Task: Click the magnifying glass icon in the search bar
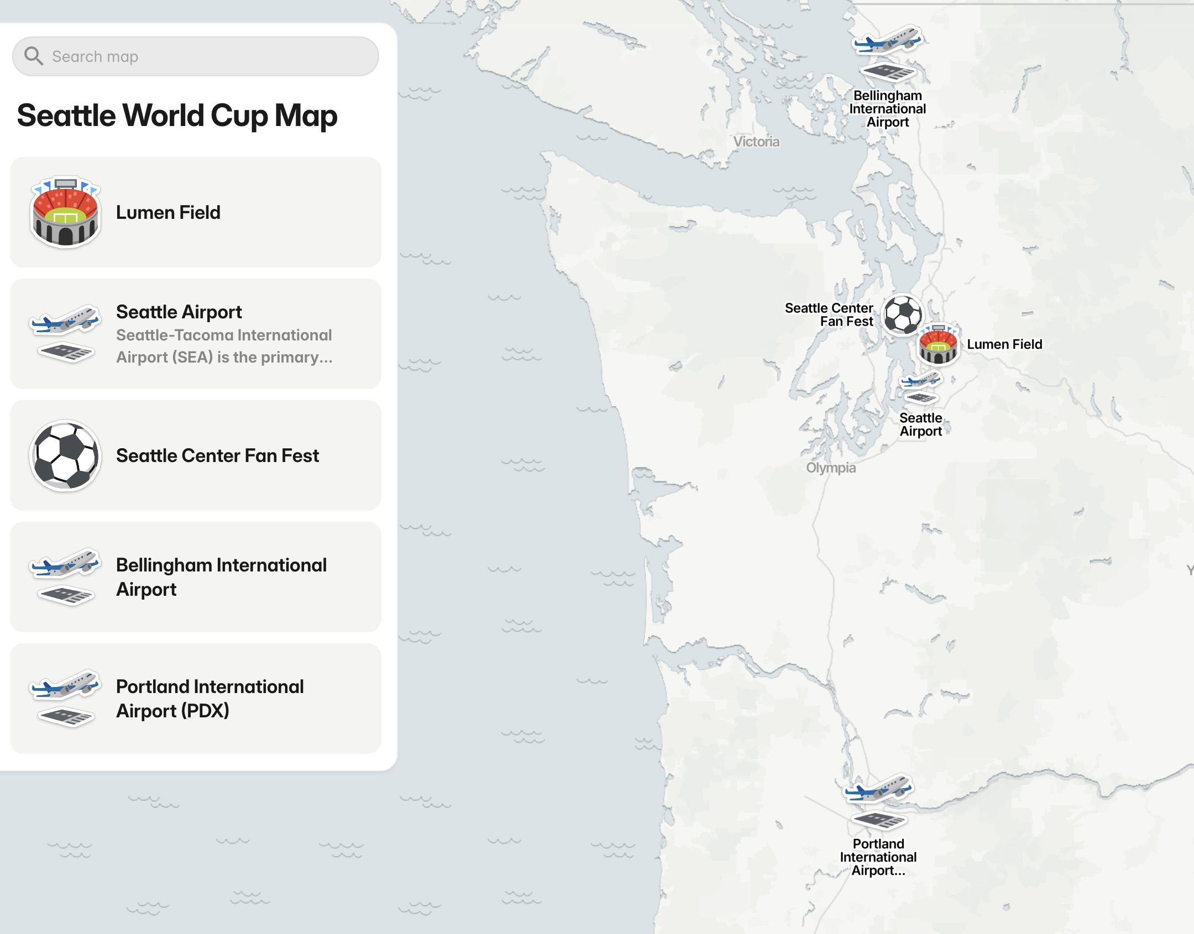(x=34, y=56)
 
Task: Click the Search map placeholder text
(x=95, y=56)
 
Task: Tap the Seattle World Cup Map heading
(x=177, y=116)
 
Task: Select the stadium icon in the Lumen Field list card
(x=65, y=212)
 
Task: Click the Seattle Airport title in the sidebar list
(x=179, y=312)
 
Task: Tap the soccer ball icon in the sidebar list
(x=65, y=455)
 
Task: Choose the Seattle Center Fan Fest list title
(x=217, y=455)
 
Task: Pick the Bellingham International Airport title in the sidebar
(x=221, y=577)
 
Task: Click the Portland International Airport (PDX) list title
(x=210, y=699)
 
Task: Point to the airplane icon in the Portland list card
(x=65, y=685)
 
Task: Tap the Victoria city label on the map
(x=756, y=142)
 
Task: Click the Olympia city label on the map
(x=830, y=468)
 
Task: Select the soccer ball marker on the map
(x=903, y=314)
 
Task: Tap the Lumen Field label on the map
(x=1004, y=344)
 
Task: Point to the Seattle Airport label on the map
(x=920, y=424)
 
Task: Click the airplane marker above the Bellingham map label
(x=887, y=40)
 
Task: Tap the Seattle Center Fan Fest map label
(x=829, y=314)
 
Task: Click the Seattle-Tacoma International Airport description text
(x=224, y=346)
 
